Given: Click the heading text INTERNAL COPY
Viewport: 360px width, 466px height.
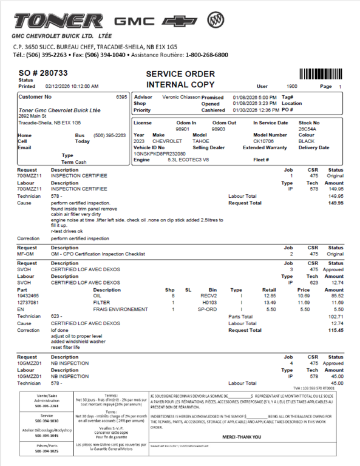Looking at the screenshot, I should (180, 85).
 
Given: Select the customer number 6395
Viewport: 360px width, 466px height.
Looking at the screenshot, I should (121, 97).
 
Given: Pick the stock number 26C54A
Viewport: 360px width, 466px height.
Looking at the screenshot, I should (307, 129).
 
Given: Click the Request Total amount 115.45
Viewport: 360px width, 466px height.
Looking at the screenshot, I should (336, 330).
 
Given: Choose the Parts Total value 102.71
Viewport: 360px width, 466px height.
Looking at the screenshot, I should (336, 316).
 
